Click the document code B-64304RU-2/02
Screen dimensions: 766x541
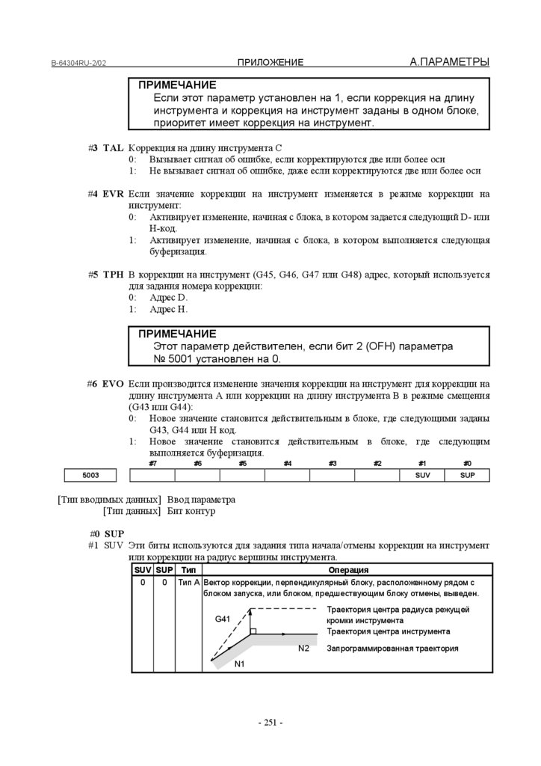78,63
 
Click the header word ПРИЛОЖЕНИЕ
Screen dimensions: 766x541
270,62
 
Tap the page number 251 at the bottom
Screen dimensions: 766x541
270,723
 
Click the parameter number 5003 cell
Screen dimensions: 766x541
90,475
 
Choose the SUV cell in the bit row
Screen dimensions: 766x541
422,475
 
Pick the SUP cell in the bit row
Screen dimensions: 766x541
467,475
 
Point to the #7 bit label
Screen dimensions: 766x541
152,464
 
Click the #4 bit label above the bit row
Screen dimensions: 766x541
287,464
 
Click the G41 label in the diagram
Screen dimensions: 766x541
223,619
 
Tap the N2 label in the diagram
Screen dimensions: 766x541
303,648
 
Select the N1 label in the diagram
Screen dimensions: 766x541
240,664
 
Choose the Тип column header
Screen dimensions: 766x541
188,570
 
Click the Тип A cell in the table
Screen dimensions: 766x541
188,582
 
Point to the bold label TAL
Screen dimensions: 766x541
113,148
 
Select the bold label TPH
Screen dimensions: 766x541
113,275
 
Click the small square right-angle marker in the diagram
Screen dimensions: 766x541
254,632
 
